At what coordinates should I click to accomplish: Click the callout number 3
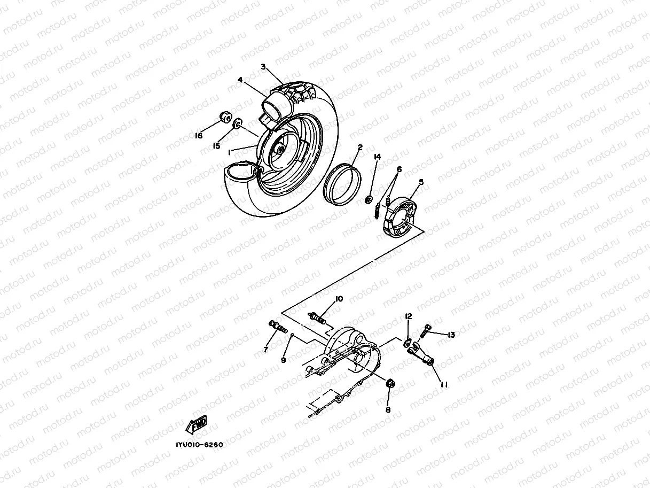pos(263,67)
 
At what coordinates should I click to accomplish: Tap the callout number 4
pos(240,80)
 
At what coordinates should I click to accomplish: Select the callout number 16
pos(199,136)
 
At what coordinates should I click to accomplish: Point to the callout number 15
pos(217,146)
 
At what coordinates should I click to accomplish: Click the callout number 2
pos(360,147)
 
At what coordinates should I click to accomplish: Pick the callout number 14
pos(377,157)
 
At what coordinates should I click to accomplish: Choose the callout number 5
pos(421,182)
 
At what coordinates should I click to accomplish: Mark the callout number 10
pos(339,299)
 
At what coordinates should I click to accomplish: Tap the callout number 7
pos(265,350)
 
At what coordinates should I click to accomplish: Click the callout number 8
pos(388,410)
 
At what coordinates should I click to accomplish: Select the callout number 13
pos(451,335)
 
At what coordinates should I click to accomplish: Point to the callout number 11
pos(443,384)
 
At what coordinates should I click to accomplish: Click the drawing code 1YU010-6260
pos(198,445)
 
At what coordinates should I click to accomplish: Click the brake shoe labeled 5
pos(401,215)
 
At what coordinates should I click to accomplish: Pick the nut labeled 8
pos(390,383)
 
